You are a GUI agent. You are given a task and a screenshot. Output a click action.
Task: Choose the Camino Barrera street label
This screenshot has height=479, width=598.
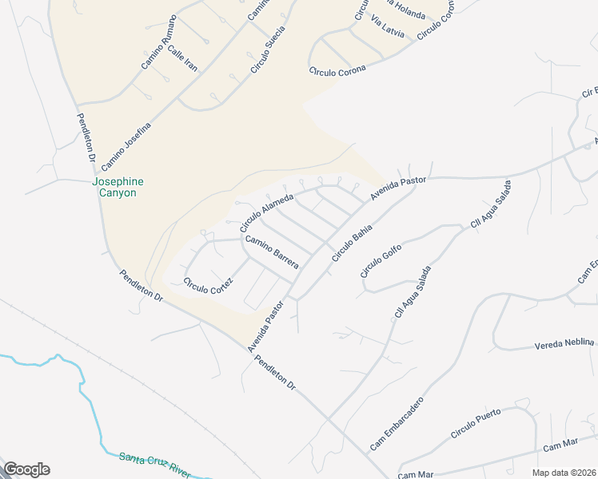[x=272, y=252]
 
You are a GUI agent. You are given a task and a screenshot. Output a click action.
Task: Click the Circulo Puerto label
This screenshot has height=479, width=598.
[x=476, y=423]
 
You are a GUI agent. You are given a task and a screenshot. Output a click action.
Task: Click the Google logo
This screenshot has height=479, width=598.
[x=26, y=469]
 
